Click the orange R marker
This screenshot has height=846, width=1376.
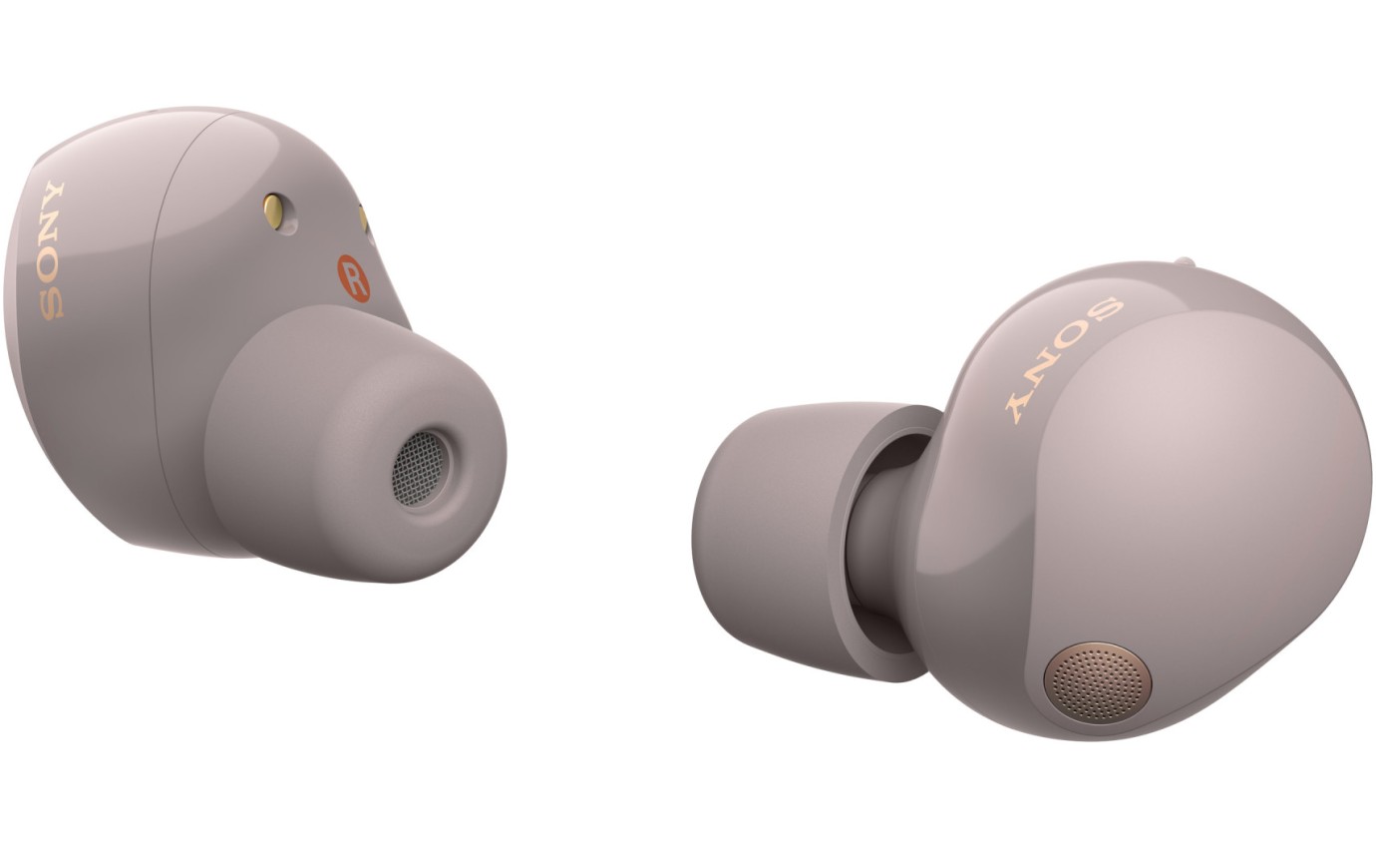click(x=353, y=278)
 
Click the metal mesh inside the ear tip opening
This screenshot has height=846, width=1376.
click(x=418, y=468)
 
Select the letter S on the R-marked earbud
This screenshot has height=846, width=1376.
click(x=50, y=300)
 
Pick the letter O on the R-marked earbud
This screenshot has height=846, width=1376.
click(x=50, y=264)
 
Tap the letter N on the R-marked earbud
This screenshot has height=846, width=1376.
click(x=51, y=228)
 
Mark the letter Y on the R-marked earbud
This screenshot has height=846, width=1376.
click(x=53, y=195)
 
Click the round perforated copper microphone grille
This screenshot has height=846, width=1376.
click(x=1098, y=682)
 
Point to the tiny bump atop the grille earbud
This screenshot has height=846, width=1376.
click(x=1184, y=262)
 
